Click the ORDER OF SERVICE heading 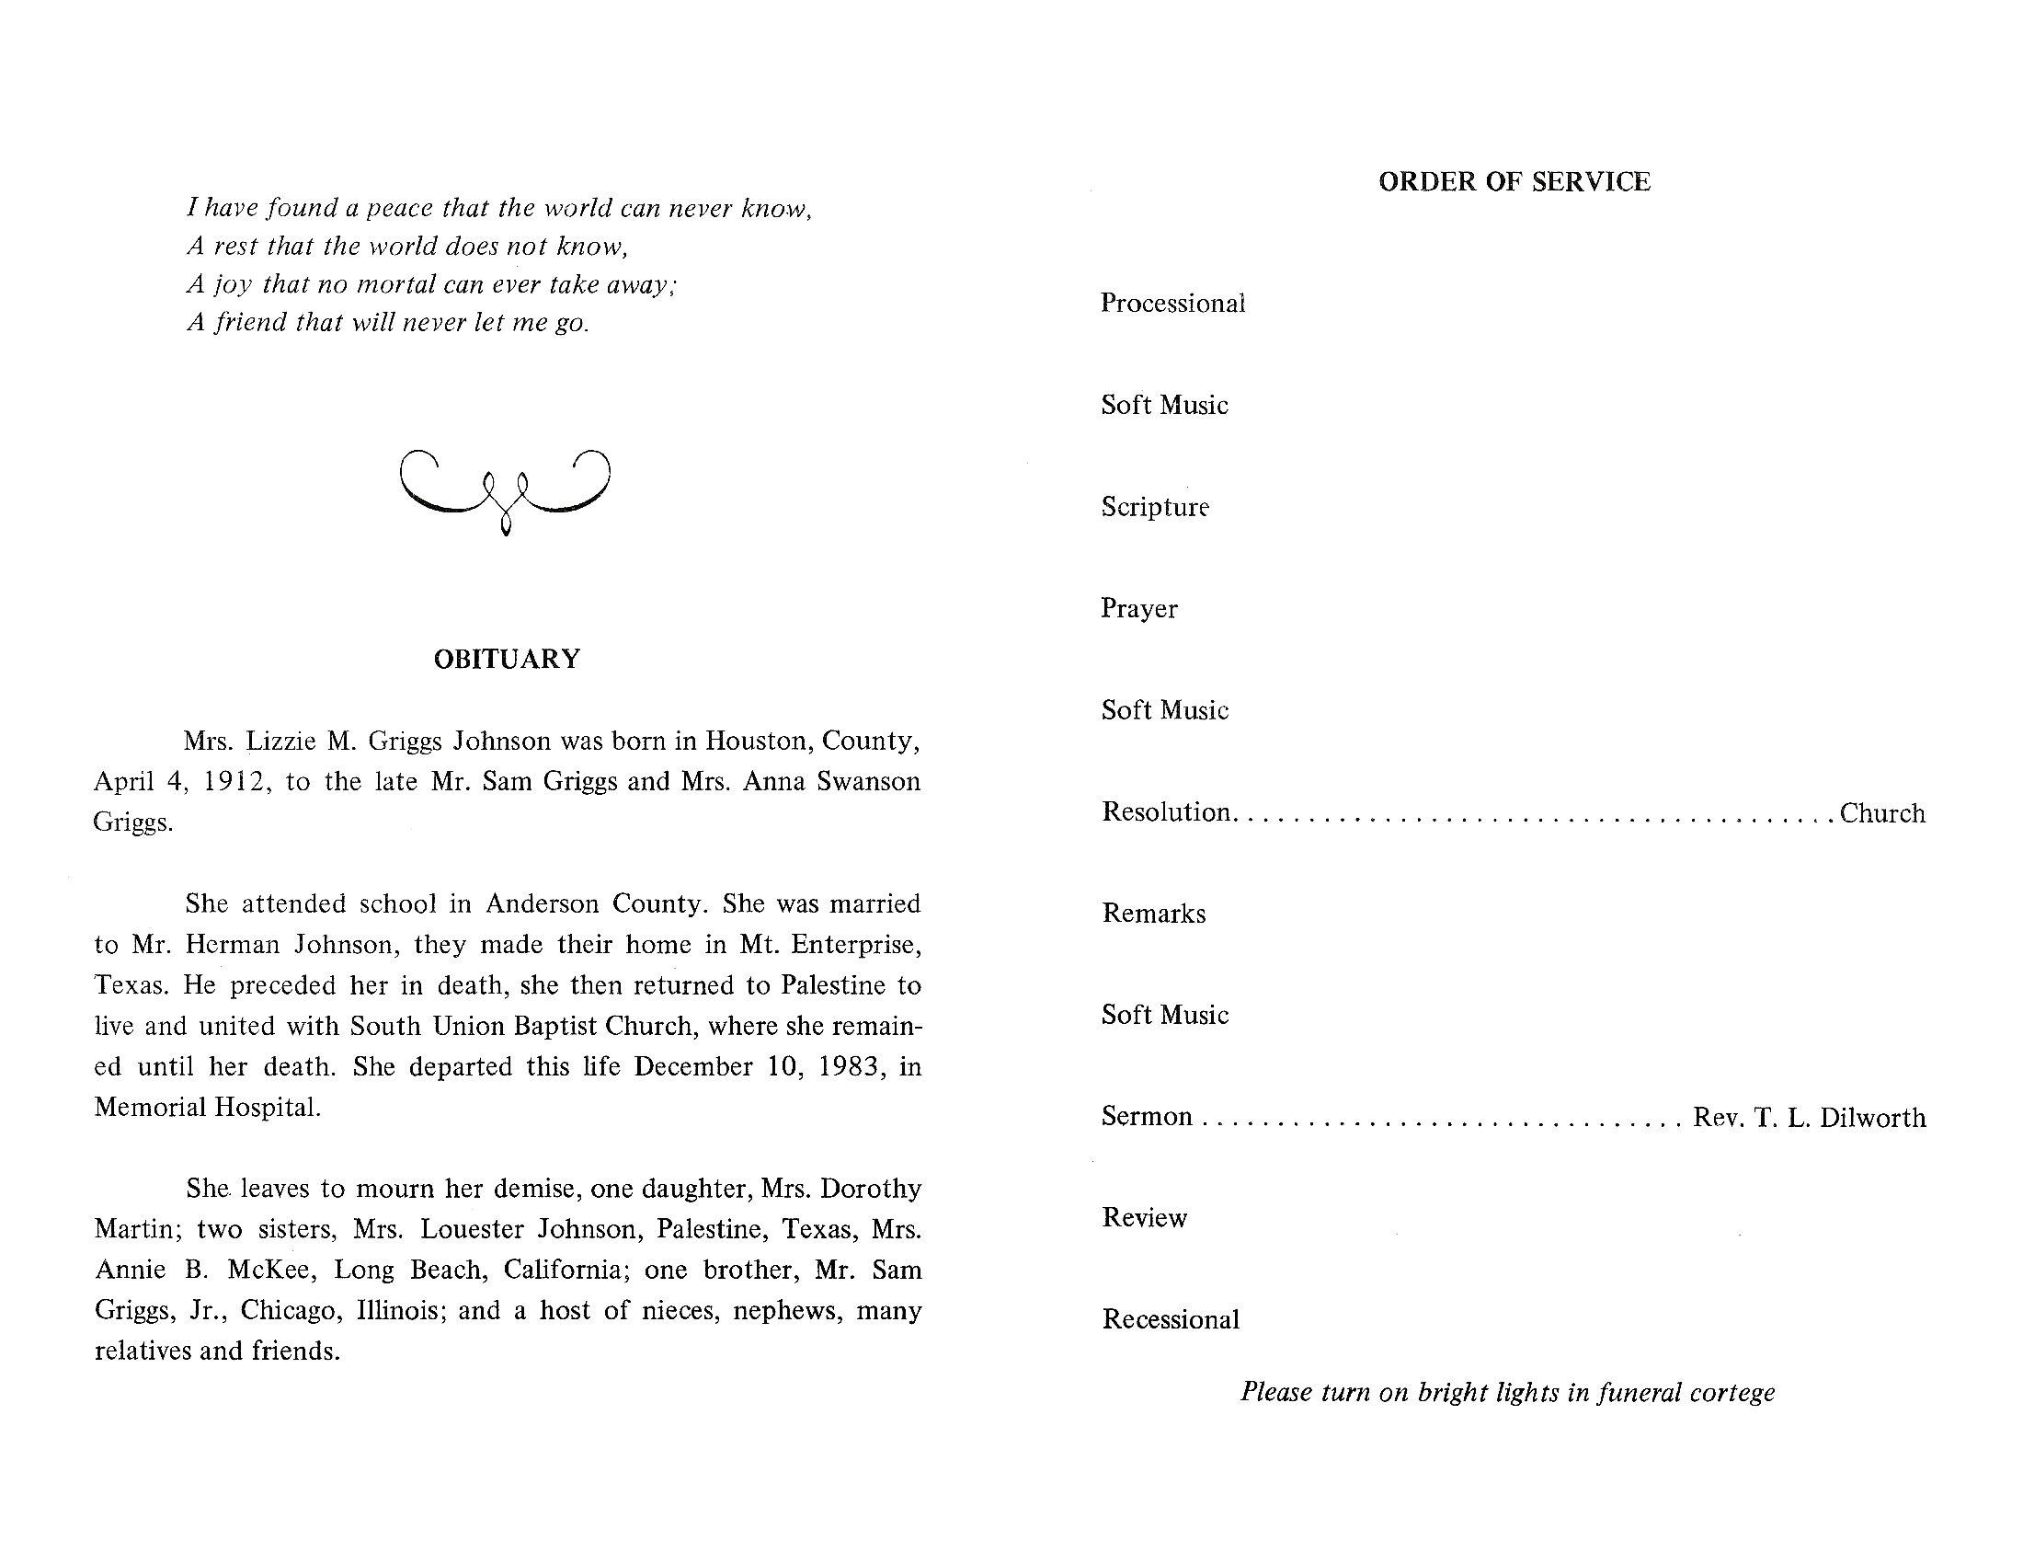tap(1514, 181)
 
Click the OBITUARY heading tap(507, 659)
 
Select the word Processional tap(1172, 304)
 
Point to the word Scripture tap(1154, 507)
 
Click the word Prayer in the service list tap(1138, 609)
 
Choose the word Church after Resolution tap(1882, 813)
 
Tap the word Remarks tap(1153, 914)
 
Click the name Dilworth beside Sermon tap(1872, 1118)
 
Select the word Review tap(1144, 1217)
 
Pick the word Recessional tap(1170, 1319)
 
